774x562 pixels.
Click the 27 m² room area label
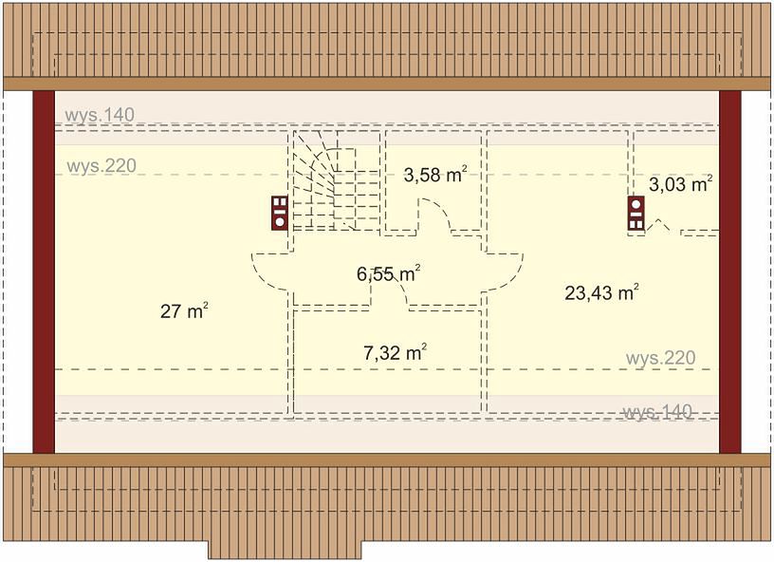184,311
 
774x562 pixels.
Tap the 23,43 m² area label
601,292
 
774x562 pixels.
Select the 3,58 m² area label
435,175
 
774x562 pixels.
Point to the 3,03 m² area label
680,184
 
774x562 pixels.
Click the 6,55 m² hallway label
389,273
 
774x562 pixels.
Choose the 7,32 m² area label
395,352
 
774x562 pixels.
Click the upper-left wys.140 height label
100,115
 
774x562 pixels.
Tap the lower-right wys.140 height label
658,412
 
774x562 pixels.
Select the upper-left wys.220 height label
101,166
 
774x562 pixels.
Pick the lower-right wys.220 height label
660,358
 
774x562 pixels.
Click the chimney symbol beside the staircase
280,213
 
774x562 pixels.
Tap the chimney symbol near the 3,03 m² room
636,214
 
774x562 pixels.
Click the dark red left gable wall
44,272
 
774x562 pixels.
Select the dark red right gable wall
730,272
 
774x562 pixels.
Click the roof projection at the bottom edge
285,551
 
